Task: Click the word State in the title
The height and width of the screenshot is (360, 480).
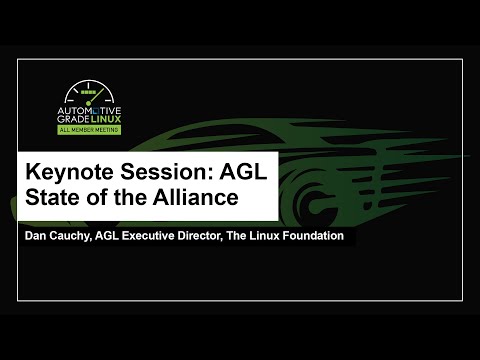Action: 55,197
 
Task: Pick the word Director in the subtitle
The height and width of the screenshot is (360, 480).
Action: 225,236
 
